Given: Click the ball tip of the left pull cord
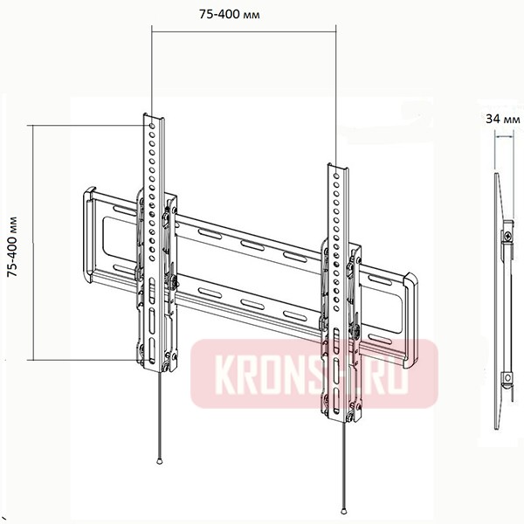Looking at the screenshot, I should [159, 462].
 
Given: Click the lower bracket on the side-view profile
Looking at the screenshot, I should [505, 377].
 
